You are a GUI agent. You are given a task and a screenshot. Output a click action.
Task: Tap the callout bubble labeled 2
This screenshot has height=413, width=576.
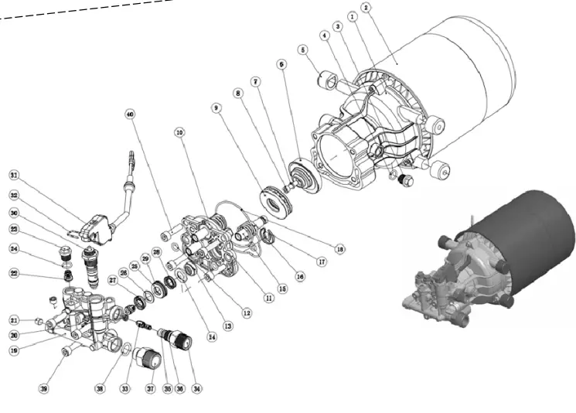pos(366,9)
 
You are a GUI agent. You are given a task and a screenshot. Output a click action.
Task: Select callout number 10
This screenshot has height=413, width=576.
pos(180,133)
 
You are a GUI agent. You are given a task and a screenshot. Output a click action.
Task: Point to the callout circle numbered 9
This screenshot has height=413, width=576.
pos(217,108)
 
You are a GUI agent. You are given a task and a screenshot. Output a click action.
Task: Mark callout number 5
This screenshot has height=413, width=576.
pos(303,49)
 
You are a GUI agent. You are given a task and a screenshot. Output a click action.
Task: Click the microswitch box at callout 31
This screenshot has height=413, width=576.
pos(90,227)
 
